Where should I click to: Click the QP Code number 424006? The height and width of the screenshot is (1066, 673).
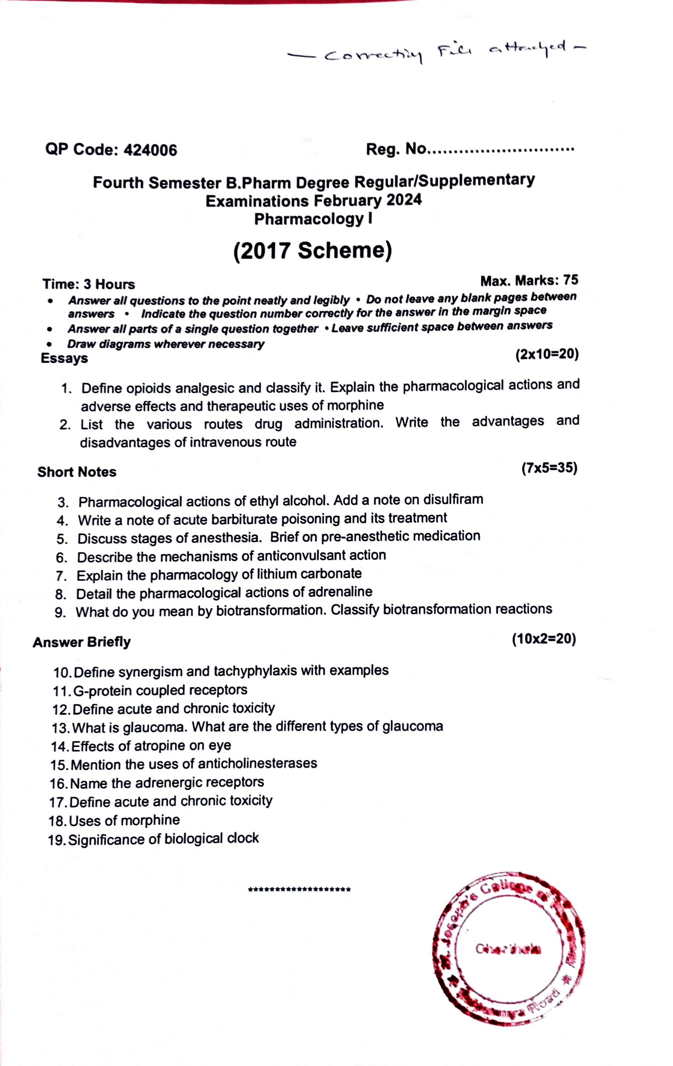150,150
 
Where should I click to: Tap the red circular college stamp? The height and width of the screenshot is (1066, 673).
509,948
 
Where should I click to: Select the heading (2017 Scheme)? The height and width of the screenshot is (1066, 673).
313,250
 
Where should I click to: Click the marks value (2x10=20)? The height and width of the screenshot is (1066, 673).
547,354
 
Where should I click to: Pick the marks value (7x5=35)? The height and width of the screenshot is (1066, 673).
549,468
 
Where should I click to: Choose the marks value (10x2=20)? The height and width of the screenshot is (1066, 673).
543,639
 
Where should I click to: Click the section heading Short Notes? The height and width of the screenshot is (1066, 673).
77,472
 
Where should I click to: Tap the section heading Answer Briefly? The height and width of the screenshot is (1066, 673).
82,642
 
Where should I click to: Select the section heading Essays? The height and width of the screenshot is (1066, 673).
64,359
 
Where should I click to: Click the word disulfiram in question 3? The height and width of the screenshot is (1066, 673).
453,500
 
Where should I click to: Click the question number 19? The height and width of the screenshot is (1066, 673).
57,840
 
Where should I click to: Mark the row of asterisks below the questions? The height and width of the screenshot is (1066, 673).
299,890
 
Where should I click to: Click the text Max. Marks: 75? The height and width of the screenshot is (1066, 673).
529,280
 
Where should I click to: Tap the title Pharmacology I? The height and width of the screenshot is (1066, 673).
313,219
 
